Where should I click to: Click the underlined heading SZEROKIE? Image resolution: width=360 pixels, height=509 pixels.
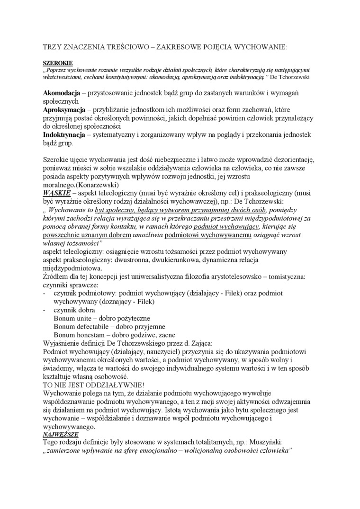pos(55,62)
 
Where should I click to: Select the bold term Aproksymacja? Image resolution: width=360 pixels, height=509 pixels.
pos(65,109)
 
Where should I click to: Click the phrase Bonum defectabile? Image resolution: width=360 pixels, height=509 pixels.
pos(81,327)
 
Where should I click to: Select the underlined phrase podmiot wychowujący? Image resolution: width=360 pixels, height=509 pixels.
pos(229,227)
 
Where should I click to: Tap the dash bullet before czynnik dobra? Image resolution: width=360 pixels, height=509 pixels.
pos(44,310)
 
